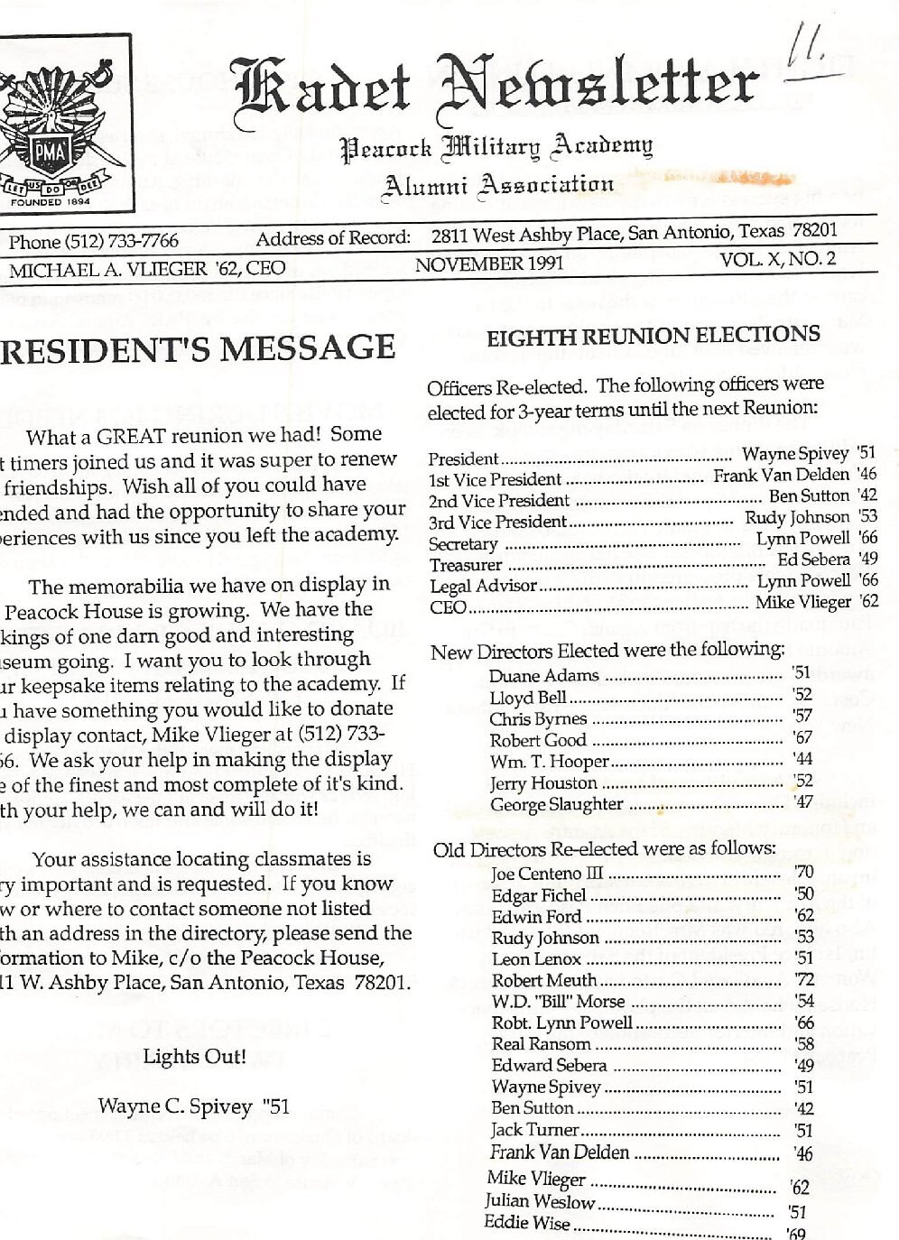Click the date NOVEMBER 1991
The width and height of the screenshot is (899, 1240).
(488, 264)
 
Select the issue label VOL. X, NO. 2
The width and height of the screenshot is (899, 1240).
(777, 259)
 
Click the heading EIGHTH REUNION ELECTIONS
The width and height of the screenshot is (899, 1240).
(653, 336)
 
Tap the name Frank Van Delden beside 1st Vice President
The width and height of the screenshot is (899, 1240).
(782, 475)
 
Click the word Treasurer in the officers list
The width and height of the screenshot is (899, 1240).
(466, 565)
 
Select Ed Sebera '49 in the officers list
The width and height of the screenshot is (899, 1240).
(827, 560)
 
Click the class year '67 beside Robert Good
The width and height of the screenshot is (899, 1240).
(802, 737)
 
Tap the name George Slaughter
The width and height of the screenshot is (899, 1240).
(556, 803)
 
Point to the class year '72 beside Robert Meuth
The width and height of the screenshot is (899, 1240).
(803, 979)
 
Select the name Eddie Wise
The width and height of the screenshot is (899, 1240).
(526, 1223)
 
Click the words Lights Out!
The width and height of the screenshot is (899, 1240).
(194, 1056)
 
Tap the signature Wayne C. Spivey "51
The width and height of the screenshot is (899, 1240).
(193, 1106)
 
